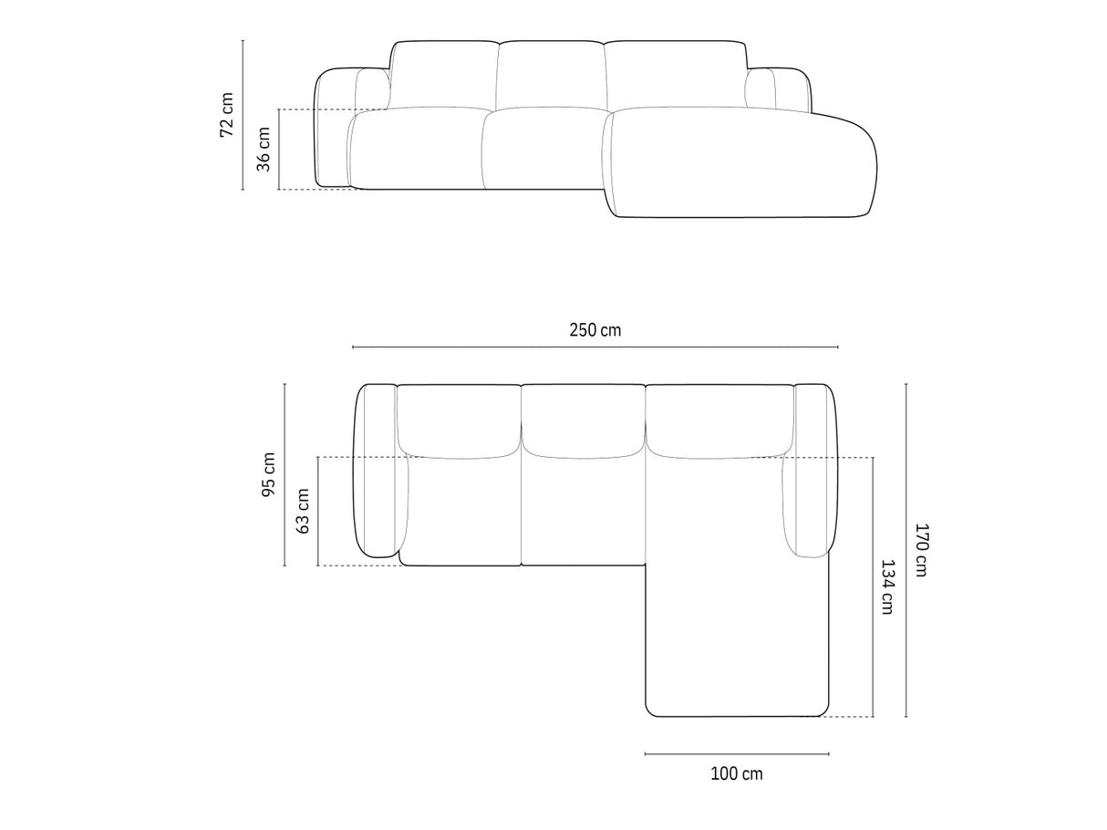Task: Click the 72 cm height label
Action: coord(227,114)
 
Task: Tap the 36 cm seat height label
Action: coord(264,150)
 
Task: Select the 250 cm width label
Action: coord(595,330)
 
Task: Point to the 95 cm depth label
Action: coord(268,474)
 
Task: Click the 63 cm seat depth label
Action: coord(302,511)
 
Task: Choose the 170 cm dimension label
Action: coord(921,550)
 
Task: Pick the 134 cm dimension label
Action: coord(887,587)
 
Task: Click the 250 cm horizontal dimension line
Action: coord(595,347)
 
